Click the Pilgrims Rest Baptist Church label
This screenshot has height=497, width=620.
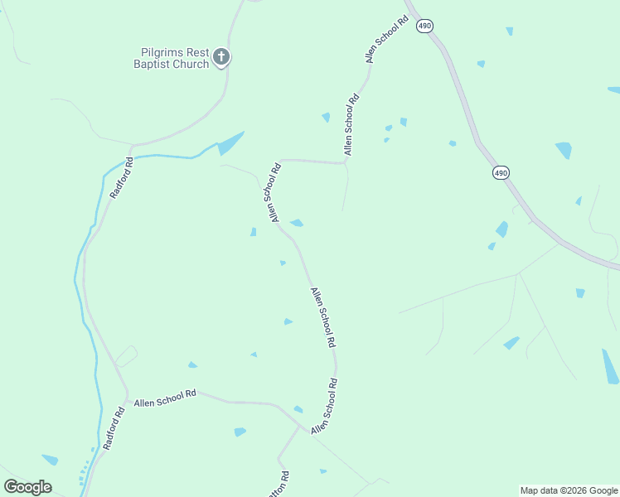(173, 57)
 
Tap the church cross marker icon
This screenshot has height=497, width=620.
(221, 57)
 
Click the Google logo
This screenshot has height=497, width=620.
(27, 487)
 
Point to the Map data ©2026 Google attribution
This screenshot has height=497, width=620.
(569, 490)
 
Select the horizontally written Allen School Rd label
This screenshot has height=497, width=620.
(165, 396)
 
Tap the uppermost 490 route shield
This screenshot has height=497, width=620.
(425, 27)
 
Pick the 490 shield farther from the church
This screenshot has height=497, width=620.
(501, 172)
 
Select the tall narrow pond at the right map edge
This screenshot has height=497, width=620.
(610, 367)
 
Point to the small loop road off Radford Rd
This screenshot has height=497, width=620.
(125, 356)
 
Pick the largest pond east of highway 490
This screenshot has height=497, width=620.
(564, 150)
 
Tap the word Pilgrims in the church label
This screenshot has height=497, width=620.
(156, 51)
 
